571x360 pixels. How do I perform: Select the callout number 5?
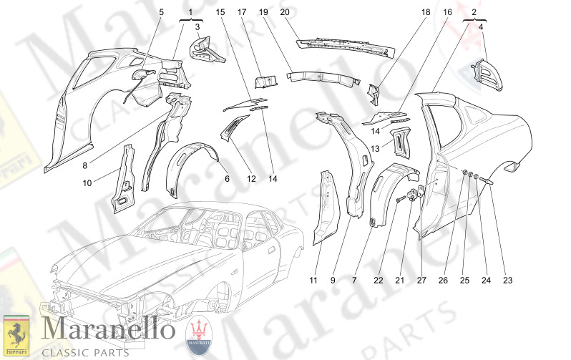tap(161, 12)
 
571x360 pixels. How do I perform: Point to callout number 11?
tap(313, 281)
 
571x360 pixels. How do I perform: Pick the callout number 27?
tap(421, 281)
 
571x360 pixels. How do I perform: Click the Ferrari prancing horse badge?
tap(16, 334)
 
